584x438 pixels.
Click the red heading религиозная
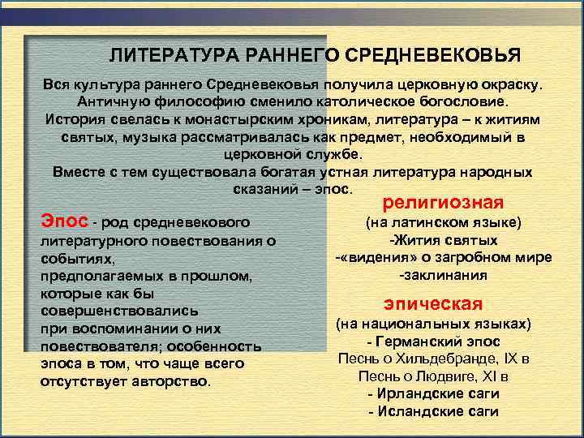point(443,202)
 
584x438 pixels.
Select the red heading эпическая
point(433,304)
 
